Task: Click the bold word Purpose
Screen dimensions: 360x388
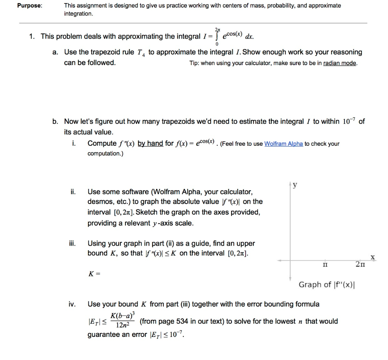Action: click(x=32, y=6)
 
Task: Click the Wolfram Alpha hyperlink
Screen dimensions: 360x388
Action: click(x=283, y=144)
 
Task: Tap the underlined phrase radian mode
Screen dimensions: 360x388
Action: click(x=339, y=63)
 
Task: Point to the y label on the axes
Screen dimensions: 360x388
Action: click(x=295, y=185)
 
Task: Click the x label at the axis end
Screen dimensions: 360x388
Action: click(x=372, y=257)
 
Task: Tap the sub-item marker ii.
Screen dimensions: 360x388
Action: click(x=73, y=192)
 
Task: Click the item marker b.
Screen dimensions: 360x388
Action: click(x=55, y=122)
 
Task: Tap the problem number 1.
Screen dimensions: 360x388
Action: click(x=32, y=36)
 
